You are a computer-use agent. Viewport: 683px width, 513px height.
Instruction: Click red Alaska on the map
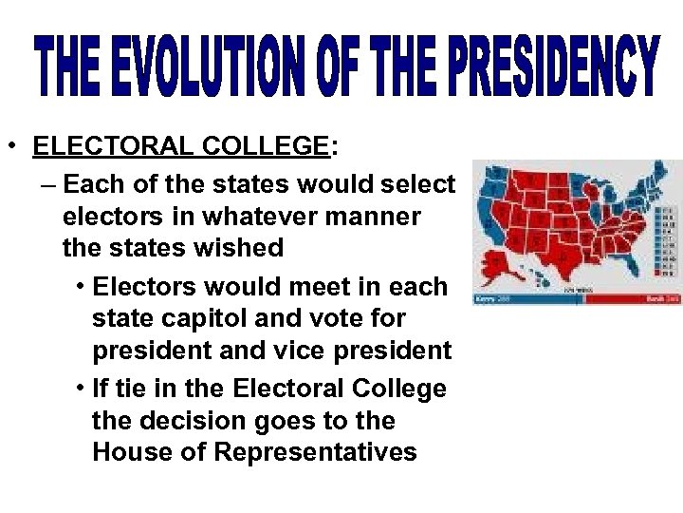point(497,259)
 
